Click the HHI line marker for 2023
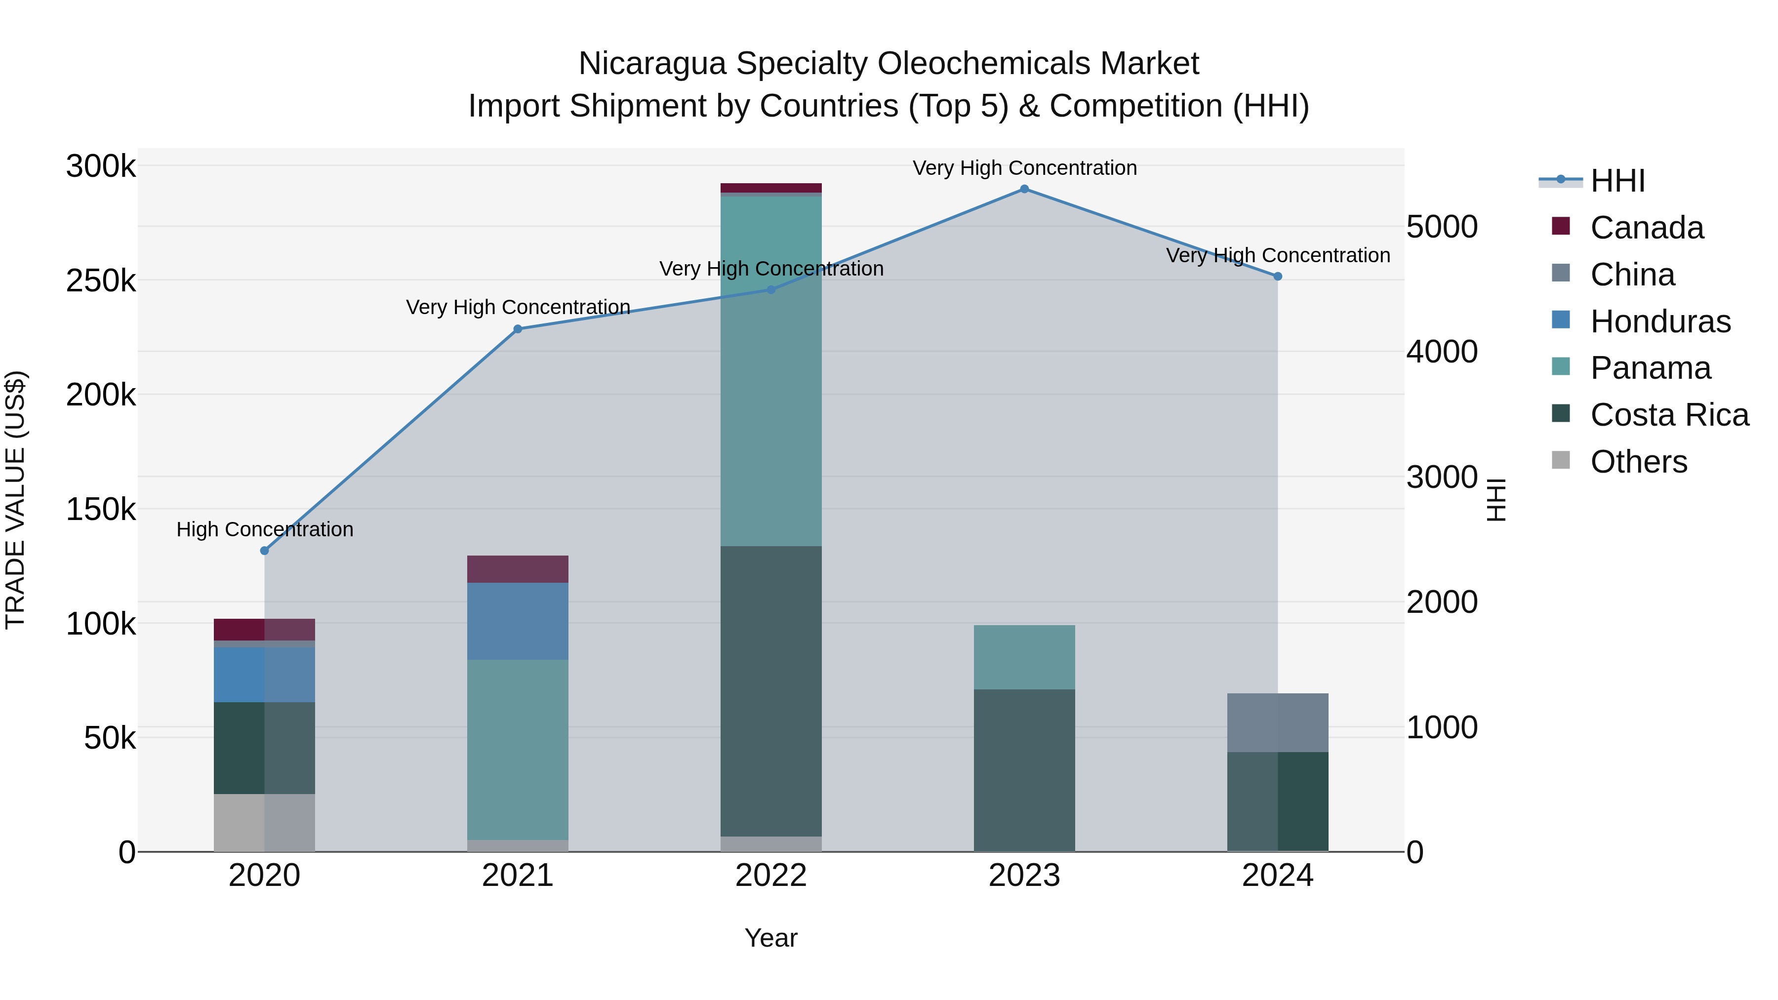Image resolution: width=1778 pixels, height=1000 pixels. tap(1024, 189)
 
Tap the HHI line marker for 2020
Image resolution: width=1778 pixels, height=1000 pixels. tap(264, 551)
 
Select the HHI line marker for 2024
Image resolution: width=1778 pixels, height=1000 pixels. tap(1278, 277)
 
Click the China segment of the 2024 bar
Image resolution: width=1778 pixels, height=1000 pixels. tap(1278, 722)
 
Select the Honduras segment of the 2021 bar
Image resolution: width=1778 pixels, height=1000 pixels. tap(518, 621)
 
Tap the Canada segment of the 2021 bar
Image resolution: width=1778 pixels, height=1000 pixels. tap(518, 569)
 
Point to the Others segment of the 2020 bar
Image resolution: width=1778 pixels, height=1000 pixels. tap(264, 823)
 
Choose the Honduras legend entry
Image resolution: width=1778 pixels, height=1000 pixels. tap(1660, 321)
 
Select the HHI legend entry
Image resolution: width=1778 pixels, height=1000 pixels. tap(1617, 181)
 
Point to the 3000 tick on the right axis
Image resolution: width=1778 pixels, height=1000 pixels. tap(1442, 478)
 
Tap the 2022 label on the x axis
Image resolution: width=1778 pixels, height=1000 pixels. tap(771, 876)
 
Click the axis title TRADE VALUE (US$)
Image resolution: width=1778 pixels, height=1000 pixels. tap(16, 500)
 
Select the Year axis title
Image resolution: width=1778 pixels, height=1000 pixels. tap(771, 938)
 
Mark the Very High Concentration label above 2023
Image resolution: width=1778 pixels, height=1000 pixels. tap(1024, 168)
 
